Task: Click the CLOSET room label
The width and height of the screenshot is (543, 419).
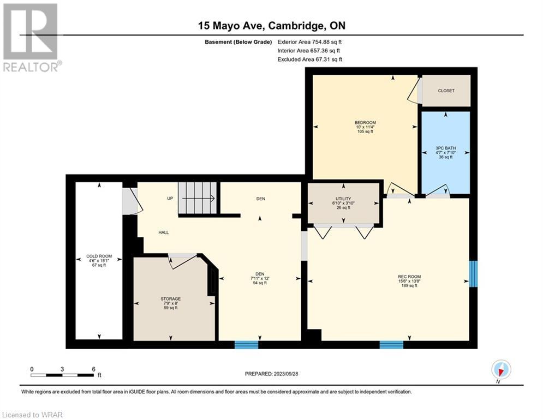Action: tap(446, 91)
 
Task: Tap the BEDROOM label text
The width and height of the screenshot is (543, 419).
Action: tap(365, 123)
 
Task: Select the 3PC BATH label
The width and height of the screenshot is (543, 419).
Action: tap(446, 148)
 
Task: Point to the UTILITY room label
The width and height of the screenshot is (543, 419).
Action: tap(343, 199)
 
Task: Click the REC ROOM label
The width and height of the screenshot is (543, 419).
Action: tap(409, 277)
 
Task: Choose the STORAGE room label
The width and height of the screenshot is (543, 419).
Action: tap(170, 299)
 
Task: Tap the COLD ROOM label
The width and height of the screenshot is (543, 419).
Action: tap(99, 256)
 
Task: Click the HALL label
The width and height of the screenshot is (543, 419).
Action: tap(164, 232)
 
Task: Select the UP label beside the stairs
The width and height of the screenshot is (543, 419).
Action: tap(170, 199)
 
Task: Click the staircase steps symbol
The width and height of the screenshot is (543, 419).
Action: tap(198, 198)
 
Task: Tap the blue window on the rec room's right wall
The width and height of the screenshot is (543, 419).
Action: tap(473, 274)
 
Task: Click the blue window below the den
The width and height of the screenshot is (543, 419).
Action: tap(247, 345)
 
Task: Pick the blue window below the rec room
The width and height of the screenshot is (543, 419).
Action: tap(391, 345)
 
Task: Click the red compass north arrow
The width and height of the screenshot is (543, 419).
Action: tap(500, 372)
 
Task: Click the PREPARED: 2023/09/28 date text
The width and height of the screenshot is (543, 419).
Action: tap(272, 374)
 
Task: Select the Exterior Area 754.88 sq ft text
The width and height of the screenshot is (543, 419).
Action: tap(309, 42)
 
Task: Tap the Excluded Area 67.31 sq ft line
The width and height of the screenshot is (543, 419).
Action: tap(309, 59)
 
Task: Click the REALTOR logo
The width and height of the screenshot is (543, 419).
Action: tap(31, 38)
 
